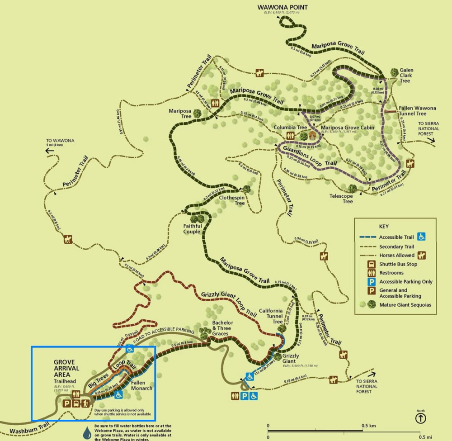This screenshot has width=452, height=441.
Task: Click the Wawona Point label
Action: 282,7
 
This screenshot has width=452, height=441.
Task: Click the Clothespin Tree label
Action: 232,200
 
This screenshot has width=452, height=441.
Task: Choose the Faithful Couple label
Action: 193,229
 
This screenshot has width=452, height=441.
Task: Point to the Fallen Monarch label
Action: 141,385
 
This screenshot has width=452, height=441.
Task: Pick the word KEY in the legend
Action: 383,227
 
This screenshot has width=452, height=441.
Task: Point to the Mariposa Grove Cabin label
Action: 348,128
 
